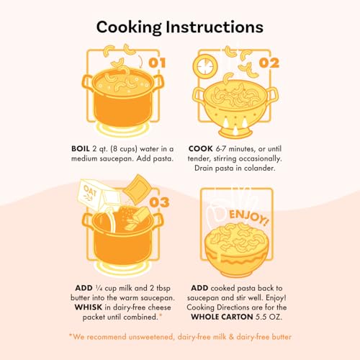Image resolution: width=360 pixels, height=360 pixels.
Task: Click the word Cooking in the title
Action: (x=129, y=27)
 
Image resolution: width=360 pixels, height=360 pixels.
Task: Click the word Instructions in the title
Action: (x=215, y=27)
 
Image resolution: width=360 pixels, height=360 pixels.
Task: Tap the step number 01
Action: (x=157, y=63)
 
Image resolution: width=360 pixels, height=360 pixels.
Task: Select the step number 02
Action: (x=269, y=63)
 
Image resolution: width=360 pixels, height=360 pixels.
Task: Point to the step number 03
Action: (x=159, y=202)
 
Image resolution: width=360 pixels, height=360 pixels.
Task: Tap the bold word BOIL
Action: (x=81, y=149)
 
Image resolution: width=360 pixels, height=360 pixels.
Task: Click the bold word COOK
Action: (x=201, y=149)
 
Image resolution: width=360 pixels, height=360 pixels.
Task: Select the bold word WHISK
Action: (x=89, y=307)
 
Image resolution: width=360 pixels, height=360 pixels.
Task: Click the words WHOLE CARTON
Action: (x=222, y=317)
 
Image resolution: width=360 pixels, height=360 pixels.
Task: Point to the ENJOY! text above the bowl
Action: (x=248, y=217)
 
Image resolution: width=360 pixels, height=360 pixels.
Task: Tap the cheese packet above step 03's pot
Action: (x=137, y=189)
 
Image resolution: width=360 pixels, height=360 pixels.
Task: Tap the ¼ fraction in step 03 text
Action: (x=99, y=288)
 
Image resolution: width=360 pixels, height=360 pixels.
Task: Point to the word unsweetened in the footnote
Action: (x=150, y=337)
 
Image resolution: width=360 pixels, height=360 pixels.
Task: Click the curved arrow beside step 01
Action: (x=140, y=61)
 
